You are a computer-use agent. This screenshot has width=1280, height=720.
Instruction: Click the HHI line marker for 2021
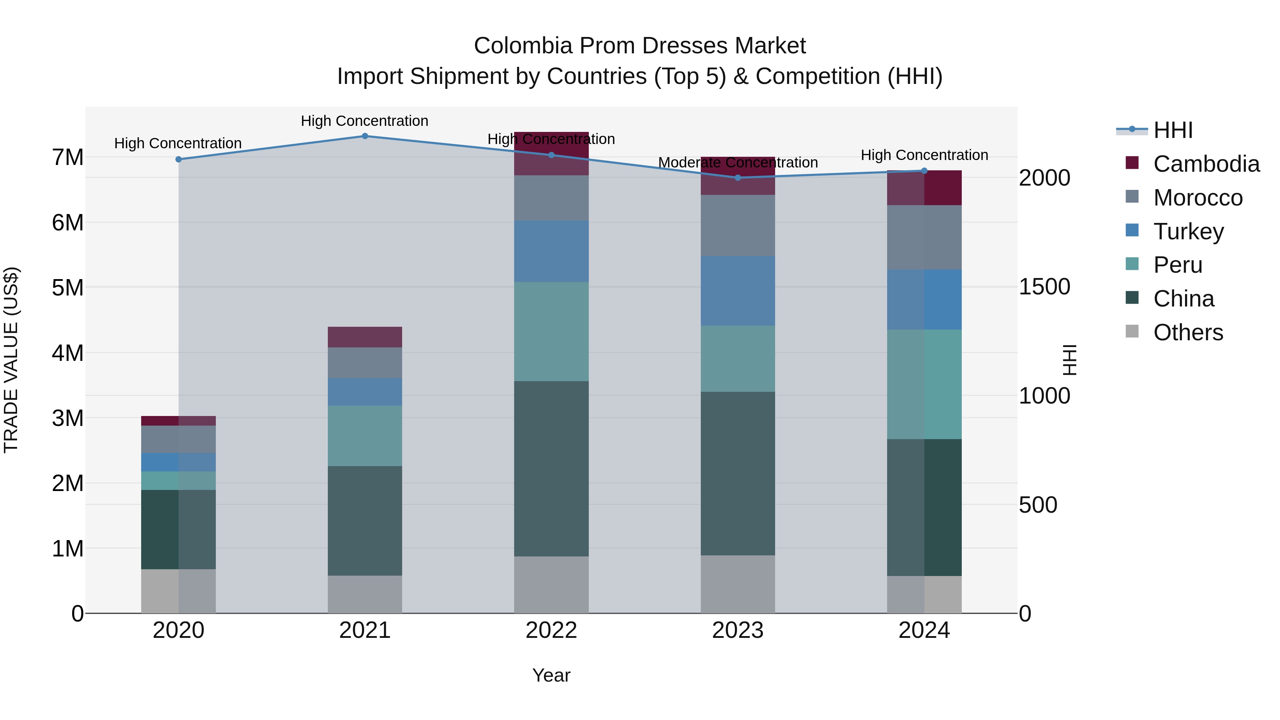pyautogui.click(x=365, y=136)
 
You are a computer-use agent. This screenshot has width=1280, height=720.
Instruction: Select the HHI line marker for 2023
pyautogui.click(x=737, y=178)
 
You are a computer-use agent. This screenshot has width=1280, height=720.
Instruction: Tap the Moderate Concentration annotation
pyautogui.click(x=737, y=162)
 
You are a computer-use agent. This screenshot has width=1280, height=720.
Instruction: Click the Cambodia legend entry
pyautogui.click(x=1206, y=164)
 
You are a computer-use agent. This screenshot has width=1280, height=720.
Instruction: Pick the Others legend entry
pyautogui.click(x=1188, y=332)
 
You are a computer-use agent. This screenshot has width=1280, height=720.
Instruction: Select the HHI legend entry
pyautogui.click(x=1173, y=130)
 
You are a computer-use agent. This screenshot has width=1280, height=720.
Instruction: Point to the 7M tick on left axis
pyautogui.click(x=68, y=158)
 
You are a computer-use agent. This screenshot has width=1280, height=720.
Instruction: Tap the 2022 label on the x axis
pyautogui.click(x=551, y=630)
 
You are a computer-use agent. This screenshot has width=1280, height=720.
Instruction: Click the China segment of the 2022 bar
pyautogui.click(x=551, y=469)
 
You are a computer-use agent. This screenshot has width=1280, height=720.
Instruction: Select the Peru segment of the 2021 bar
pyautogui.click(x=365, y=436)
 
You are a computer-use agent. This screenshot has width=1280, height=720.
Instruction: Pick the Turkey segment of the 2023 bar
pyautogui.click(x=737, y=291)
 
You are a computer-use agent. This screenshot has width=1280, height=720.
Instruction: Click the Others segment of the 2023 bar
pyautogui.click(x=737, y=584)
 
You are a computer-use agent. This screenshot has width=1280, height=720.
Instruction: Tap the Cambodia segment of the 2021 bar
pyautogui.click(x=365, y=337)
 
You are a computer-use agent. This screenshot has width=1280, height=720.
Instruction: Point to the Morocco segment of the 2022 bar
pyautogui.click(x=551, y=198)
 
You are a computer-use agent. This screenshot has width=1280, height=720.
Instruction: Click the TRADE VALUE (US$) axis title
pyautogui.click(x=11, y=360)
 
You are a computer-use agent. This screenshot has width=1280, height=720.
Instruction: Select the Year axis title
pyautogui.click(x=551, y=675)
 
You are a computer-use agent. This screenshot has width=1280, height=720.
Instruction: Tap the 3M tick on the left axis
pyautogui.click(x=68, y=418)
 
